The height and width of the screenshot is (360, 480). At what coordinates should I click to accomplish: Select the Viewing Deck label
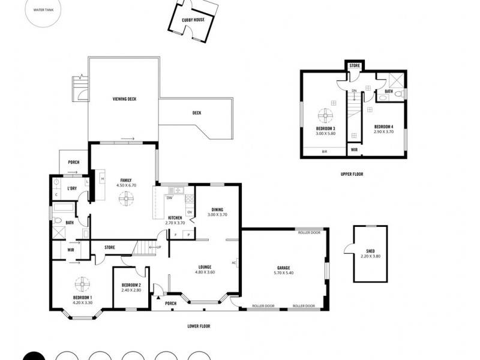(x=125, y=99)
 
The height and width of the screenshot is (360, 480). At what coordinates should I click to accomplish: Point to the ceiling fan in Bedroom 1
(x=81, y=283)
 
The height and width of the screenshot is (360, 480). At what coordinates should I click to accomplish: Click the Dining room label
(x=217, y=209)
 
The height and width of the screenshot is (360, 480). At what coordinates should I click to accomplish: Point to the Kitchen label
(x=175, y=217)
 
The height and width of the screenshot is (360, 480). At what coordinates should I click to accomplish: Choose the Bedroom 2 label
(x=131, y=285)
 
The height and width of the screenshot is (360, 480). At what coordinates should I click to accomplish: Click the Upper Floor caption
(x=352, y=174)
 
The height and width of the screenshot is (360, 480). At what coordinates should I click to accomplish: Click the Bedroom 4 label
(x=383, y=127)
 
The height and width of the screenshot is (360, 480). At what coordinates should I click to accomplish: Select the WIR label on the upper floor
(x=354, y=149)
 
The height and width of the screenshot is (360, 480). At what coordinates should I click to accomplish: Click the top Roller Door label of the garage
(x=308, y=232)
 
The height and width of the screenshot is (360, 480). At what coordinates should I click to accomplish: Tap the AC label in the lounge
(x=234, y=263)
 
